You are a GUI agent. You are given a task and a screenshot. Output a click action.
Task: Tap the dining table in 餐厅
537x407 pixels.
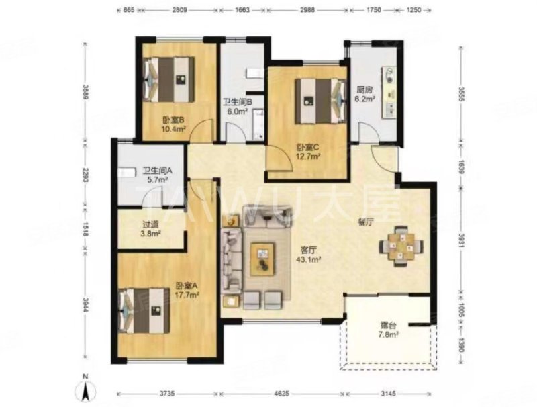point(401,246)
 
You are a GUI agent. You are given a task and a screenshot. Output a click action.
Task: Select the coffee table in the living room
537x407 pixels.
point(262,259)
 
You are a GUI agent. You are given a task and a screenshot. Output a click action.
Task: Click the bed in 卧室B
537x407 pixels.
point(169,79)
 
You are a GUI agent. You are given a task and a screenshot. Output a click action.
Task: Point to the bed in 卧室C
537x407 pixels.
point(320,101)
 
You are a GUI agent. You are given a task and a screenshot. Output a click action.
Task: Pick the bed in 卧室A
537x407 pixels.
point(144,310)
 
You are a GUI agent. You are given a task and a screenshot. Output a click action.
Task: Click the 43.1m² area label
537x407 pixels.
point(308,259)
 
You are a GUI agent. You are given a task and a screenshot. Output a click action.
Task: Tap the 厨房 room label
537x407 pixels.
point(364,90)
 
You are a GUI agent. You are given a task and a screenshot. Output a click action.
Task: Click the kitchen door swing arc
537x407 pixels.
point(368,131)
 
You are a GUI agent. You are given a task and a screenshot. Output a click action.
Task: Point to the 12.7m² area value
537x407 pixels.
point(308,156)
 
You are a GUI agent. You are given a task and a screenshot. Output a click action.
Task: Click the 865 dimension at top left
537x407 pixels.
point(128,10)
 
